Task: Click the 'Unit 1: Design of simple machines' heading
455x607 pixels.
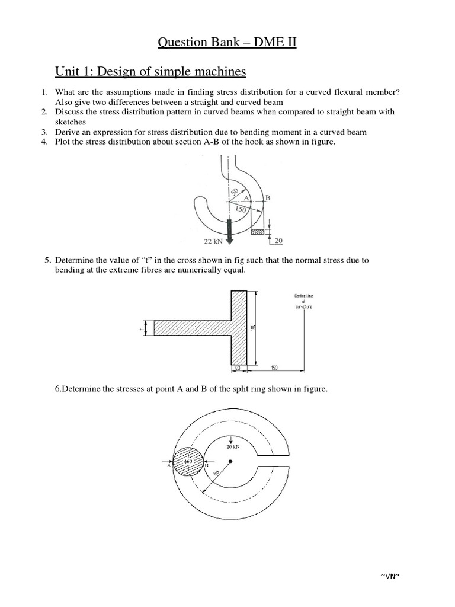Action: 151,72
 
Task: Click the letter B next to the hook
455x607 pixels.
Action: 267,197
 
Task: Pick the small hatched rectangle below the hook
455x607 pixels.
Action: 258,232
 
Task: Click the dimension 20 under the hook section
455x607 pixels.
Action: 279,241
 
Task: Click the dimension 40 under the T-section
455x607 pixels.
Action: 238,369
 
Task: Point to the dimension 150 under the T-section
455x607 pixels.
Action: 274,369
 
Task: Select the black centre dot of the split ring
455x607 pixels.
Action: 232,461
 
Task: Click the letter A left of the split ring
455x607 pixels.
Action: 169,466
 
